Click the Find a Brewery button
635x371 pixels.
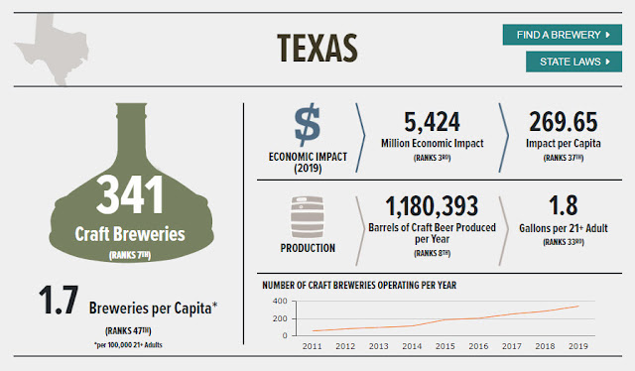(563, 35)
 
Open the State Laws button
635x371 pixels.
(573, 62)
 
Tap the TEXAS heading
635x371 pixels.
(317, 49)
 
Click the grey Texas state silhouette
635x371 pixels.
(53, 48)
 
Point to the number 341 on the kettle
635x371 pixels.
(130, 194)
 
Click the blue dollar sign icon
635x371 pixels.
(308, 124)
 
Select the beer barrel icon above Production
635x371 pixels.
(308, 217)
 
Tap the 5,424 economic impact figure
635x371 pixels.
(433, 122)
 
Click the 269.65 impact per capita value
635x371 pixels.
(564, 122)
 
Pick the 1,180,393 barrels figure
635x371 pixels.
(433, 206)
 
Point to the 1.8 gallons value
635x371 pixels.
(564, 205)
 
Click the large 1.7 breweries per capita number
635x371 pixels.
(59, 301)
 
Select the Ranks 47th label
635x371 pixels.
(128, 331)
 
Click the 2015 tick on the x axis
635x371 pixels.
(445, 346)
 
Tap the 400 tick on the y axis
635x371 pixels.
(280, 301)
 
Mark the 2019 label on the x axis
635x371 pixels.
(578, 346)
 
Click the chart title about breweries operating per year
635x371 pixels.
(359, 285)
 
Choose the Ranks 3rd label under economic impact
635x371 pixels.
(433, 158)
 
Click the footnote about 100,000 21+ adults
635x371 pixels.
(128, 345)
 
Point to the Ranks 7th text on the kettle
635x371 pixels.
(130, 255)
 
